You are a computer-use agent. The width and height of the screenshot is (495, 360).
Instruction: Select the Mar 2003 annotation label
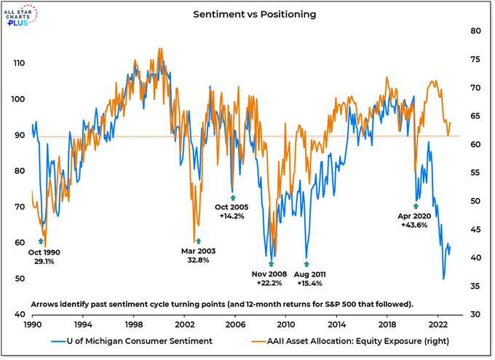pos(197,250)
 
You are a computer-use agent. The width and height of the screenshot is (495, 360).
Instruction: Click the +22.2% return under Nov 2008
pos(271,283)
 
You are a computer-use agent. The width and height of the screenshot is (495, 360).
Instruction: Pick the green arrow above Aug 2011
pos(306,264)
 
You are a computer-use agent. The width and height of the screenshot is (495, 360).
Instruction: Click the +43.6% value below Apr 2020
pos(416,226)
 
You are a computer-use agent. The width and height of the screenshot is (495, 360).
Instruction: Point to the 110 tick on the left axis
pos(20,63)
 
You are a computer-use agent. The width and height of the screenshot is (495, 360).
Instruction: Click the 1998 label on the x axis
pos(133,325)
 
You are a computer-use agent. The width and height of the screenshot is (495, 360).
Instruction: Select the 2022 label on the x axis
pos(438,325)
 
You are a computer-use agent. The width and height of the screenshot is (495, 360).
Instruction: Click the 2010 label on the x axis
pos(285,325)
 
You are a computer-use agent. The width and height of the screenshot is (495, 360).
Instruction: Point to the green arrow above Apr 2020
pos(416,206)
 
